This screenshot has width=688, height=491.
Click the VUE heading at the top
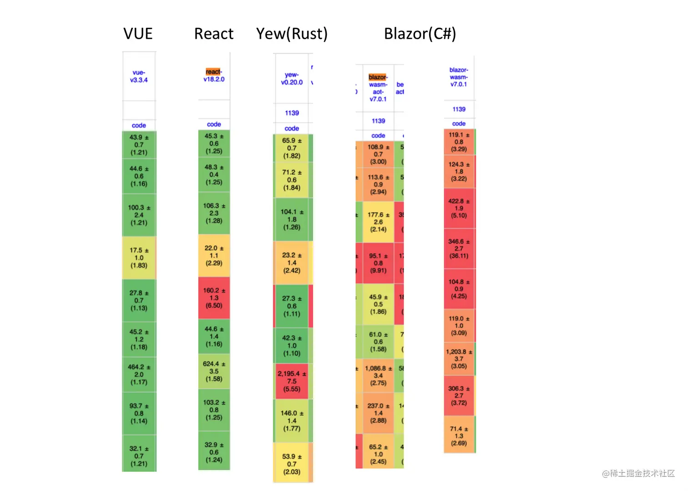(138, 34)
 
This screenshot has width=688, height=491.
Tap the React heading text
(213, 34)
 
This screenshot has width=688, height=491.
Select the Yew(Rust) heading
(292, 34)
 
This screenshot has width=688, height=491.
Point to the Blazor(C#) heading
(420, 34)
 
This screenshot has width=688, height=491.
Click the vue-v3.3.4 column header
(139, 76)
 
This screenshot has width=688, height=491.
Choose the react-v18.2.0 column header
(214, 76)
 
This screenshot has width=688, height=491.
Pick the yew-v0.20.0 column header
(292, 78)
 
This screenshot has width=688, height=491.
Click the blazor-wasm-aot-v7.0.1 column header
(378, 88)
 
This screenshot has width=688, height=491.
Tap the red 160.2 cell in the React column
(214, 298)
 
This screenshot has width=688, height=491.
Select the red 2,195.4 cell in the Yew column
(292, 381)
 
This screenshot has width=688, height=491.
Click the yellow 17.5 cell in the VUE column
(139, 258)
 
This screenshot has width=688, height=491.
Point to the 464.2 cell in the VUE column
(139, 374)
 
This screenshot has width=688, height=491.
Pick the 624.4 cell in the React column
(214, 371)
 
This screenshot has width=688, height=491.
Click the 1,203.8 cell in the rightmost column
(459, 359)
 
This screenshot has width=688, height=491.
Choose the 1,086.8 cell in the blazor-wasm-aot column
(378, 376)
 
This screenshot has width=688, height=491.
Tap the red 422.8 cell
(459, 208)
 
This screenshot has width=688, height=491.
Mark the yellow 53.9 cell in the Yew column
(292, 464)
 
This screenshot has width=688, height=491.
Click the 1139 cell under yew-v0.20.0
(292, 113)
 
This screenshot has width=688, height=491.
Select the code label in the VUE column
(139, 125)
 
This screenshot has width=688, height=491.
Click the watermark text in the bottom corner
(638, 474)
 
